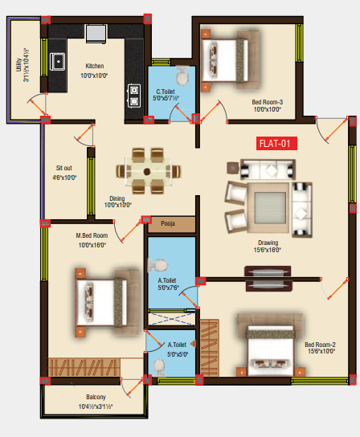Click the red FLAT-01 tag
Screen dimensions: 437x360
point(276,144)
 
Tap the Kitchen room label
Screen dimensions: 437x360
point(95,67)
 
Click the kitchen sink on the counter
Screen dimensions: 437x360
point(59,61)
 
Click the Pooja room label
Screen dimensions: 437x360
point(168,223)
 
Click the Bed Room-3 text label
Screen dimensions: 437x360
point(268,101)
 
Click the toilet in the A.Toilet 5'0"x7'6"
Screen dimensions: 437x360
point(159,264)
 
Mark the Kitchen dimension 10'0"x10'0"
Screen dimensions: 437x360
point(95,76)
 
